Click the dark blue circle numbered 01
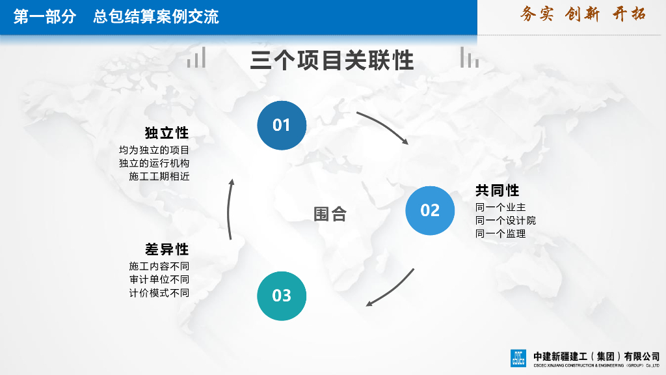point(282,125)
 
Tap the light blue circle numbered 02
point(430,210)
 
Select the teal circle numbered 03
point(282,296)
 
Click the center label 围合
point(330,214)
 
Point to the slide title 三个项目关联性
point(332,61)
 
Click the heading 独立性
point(166,133)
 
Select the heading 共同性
point(497,191)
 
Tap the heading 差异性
point(166,249)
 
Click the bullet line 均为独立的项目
point(154,150)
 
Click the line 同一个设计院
point(505,221)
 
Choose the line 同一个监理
point(500,234)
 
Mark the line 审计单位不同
point(159,279)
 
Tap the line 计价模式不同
point(159,293)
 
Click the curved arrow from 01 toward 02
point(386,126)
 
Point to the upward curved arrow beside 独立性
point(229,208)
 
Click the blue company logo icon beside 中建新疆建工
point(518,358)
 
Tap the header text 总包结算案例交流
point(156,18)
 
